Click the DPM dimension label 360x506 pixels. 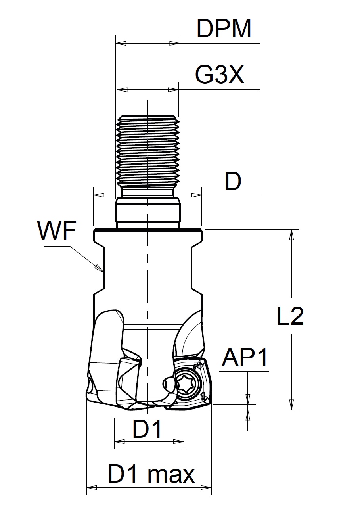[224, 29]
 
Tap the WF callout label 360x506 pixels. [57, 231]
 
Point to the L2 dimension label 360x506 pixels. [290, 316]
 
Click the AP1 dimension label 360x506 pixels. [245, 358]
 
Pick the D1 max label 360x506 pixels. [151, 474]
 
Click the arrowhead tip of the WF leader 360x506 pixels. [102, 271]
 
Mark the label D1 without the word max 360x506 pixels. [147, 429]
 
